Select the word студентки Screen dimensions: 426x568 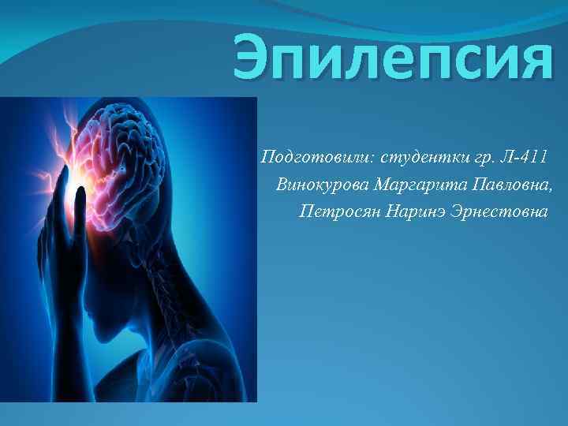click(x=416, y=156)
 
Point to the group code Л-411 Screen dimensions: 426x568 click(x=522, y=156)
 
